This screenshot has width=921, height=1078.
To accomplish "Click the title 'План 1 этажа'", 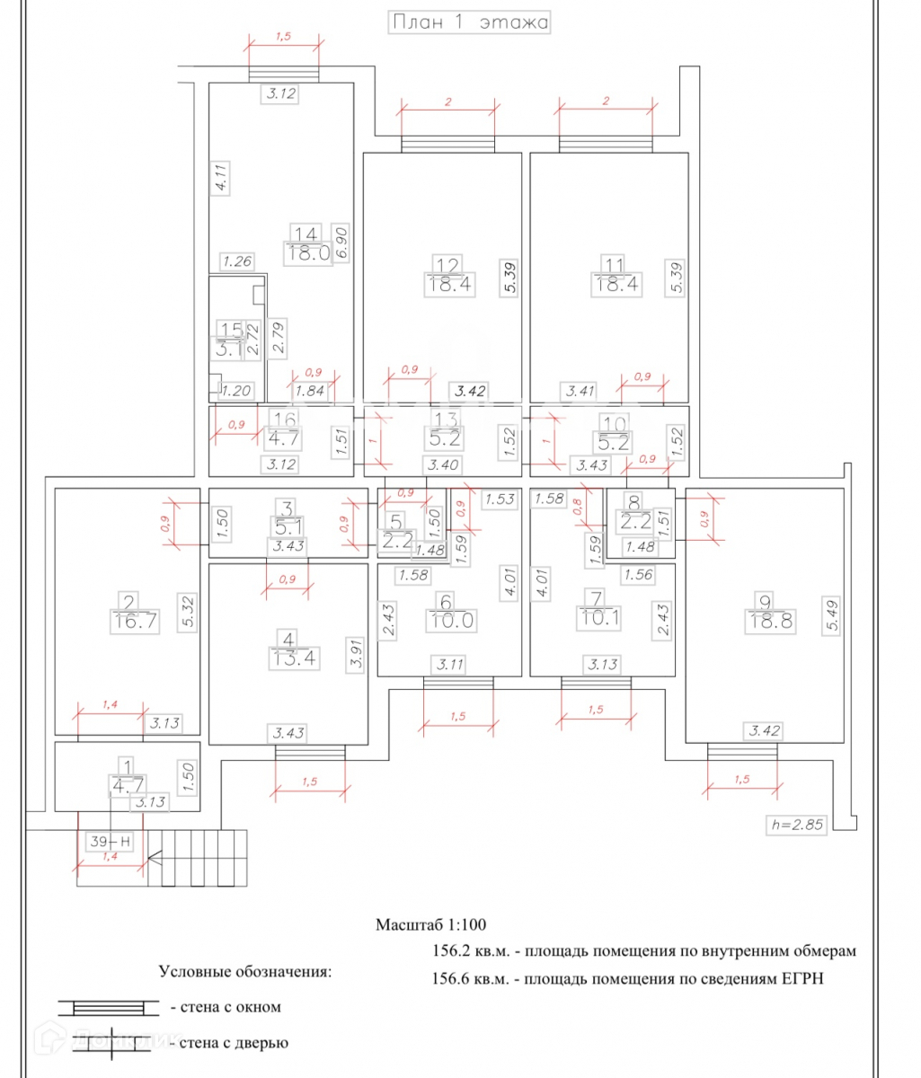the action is [469, 22].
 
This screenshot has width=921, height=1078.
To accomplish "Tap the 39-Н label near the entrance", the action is [111, 842].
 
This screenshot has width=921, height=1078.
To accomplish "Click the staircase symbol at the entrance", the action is [196, 858].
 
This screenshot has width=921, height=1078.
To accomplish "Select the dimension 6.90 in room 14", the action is [341, 243].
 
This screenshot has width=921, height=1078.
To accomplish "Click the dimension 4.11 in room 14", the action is [217, 176].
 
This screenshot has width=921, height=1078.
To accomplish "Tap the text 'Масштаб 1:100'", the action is [431, 924].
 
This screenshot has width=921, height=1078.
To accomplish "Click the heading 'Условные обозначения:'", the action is [244, 972].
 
